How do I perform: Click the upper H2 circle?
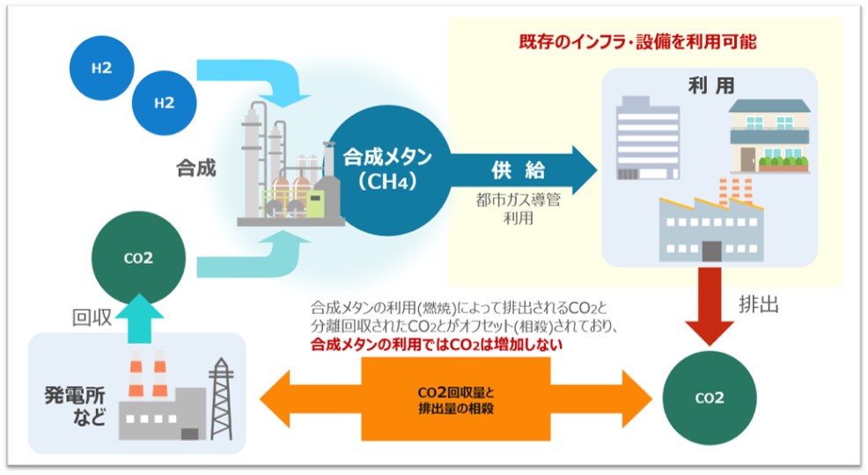[x=102, y=68]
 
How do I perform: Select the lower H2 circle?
[x=164, y=103]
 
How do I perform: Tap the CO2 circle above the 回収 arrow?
[x=138, y=258]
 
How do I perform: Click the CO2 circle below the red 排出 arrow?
[x=710, y=398]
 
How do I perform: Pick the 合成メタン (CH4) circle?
[x=387, y=171]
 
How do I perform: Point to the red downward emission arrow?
[x=710, y=306]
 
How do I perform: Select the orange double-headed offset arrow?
[x=456, y=398]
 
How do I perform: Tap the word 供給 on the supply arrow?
[x=518, y=171]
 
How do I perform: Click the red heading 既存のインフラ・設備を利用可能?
[x=637, y=42]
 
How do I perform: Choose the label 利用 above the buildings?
[x=710, y=85]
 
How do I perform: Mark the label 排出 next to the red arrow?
[x=758, y=304]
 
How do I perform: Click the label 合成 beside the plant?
[x=196, y=168]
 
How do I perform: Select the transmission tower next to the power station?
[x=221, y=398]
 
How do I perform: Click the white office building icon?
[x=648, y=138]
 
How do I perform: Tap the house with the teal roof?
[x=769, y=136]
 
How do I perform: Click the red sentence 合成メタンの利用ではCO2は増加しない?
[x=437, y=345]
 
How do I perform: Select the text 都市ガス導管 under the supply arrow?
[x=518, y=200]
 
